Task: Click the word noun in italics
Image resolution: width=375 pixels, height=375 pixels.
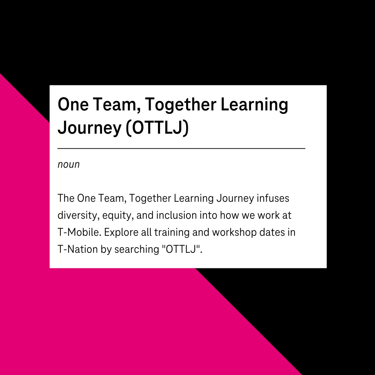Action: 68,165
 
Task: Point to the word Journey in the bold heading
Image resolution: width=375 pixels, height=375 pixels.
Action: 89,128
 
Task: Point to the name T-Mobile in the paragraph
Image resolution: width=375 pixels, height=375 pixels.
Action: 78,232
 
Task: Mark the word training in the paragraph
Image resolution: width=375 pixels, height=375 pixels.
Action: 170,232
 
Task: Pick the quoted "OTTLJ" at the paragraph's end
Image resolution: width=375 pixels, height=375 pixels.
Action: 181,249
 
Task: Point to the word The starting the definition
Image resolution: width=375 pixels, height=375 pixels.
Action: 66,199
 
